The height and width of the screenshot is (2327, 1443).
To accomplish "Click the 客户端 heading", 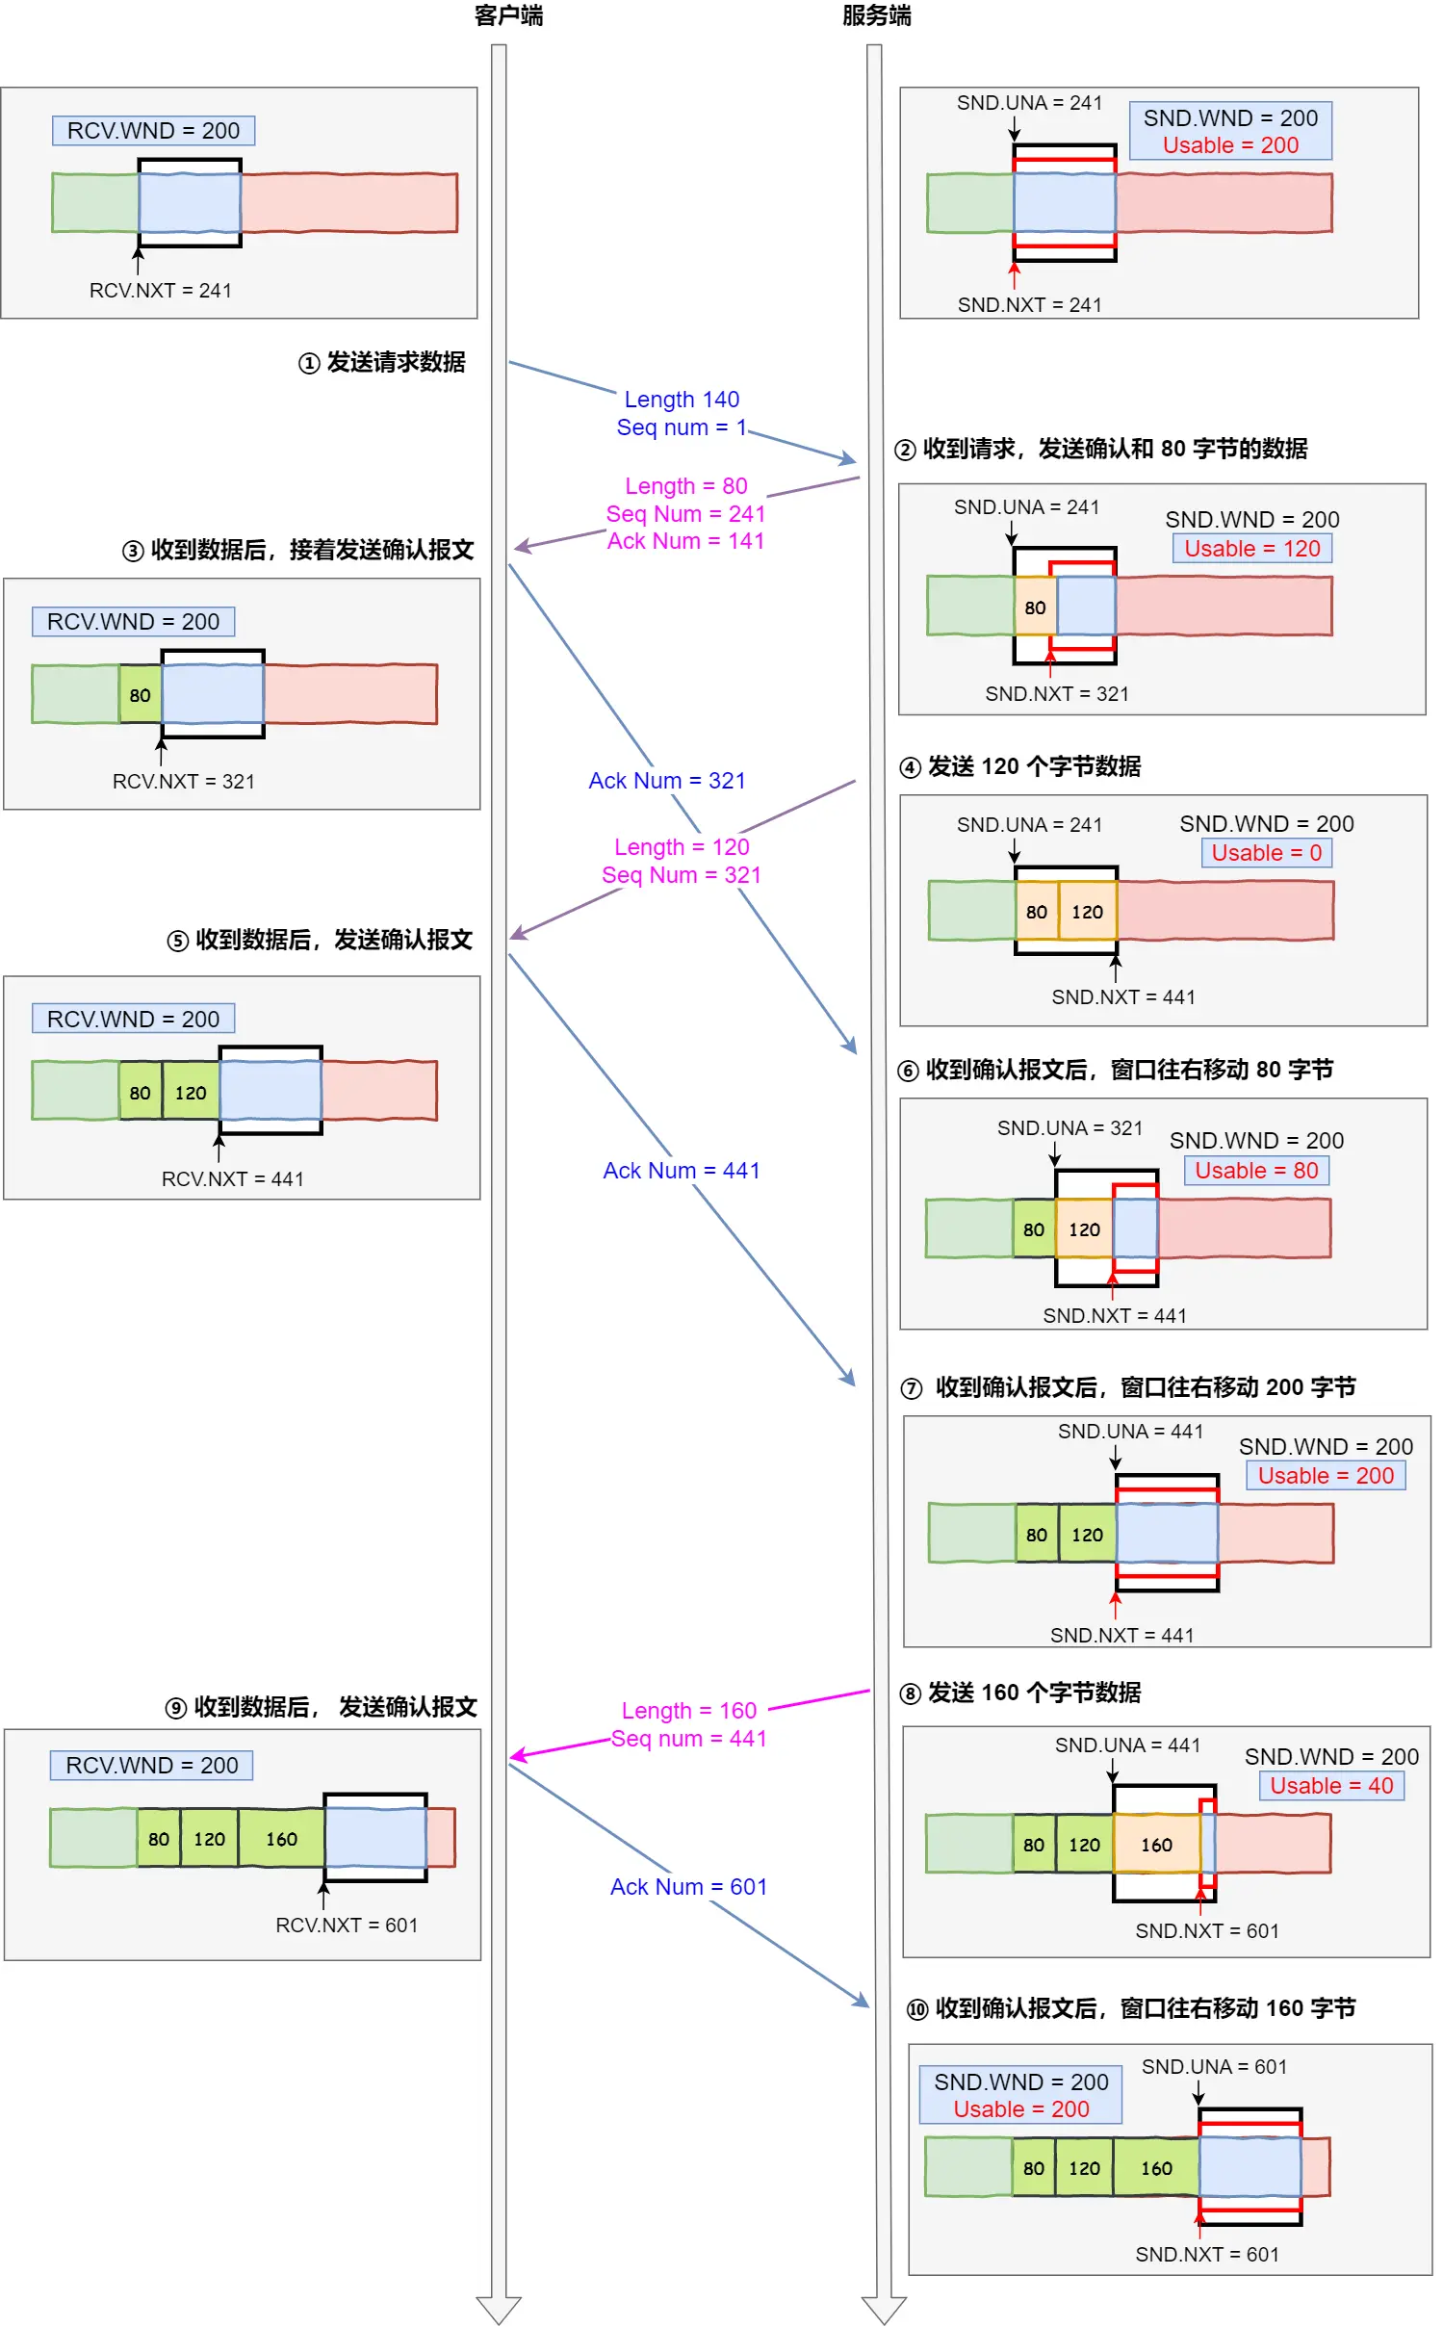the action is tap(508, 15).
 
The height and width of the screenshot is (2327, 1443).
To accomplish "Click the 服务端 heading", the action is tap(876, 15).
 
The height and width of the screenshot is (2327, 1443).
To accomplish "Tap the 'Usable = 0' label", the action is tap(1266, 852).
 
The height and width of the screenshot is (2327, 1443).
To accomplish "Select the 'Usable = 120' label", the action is tap(1251, 548).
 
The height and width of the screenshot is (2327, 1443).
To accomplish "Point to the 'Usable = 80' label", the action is tap(1256, 1170).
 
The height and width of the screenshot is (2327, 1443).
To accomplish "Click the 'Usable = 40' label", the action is tap(1331, 1785).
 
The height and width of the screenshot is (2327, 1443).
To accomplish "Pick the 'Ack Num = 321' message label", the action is tap(667, 780).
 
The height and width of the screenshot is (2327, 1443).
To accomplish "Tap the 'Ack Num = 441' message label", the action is tap(682, 1170).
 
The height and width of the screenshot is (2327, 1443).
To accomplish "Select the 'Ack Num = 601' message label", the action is tap(688, 1886).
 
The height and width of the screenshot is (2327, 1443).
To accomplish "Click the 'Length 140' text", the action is tap(682, 399).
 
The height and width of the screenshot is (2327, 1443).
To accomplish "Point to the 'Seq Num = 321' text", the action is tap(682, 874).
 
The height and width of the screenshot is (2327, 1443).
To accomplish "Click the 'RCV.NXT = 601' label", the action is tap(347, 1925).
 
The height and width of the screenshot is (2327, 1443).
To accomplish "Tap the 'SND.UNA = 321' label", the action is tap(1069, 1127).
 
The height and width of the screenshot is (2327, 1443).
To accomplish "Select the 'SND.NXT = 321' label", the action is tap(1056, 693).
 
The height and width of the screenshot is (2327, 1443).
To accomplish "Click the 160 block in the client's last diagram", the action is tap(281, 1839).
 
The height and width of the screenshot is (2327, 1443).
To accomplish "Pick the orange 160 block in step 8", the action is tap(1156, 1845).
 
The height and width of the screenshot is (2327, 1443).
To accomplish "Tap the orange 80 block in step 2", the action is tap(1035, 608).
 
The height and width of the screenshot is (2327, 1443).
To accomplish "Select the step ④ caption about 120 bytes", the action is tap(1019, 766).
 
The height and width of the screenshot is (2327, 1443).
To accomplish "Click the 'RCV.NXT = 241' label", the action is tap(160, 290).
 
